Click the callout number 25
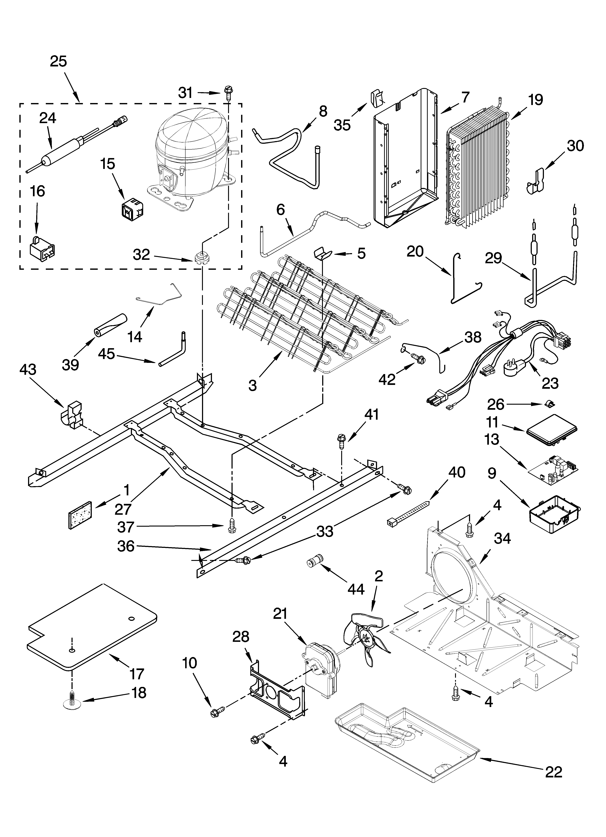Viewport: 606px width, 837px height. (x=58, y=61)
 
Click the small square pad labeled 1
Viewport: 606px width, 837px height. (x=80, y=515)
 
